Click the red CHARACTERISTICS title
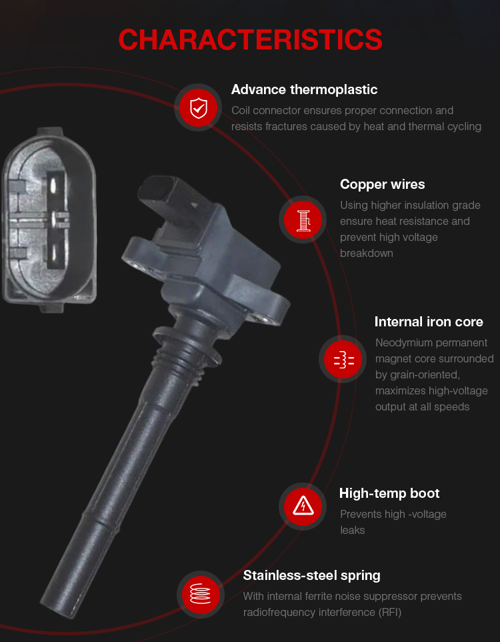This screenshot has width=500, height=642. click(250, 40)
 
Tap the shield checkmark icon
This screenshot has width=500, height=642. click(199, 108)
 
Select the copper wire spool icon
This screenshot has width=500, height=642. click(303, 220)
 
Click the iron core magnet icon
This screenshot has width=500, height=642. click(343, 359)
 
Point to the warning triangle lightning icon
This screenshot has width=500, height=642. click(303, 507)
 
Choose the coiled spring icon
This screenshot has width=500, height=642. click(201, 594)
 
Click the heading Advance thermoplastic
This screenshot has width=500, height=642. click(304, 89)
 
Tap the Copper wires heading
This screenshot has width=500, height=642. click(382, 185)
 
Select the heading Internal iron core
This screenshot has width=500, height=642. click(429, 322)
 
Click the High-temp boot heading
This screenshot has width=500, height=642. click(389, 493)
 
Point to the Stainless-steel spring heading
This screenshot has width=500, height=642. click(311, 576)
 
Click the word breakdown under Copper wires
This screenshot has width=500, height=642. click(367, 254)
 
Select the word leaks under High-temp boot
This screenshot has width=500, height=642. click(352, 531)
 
